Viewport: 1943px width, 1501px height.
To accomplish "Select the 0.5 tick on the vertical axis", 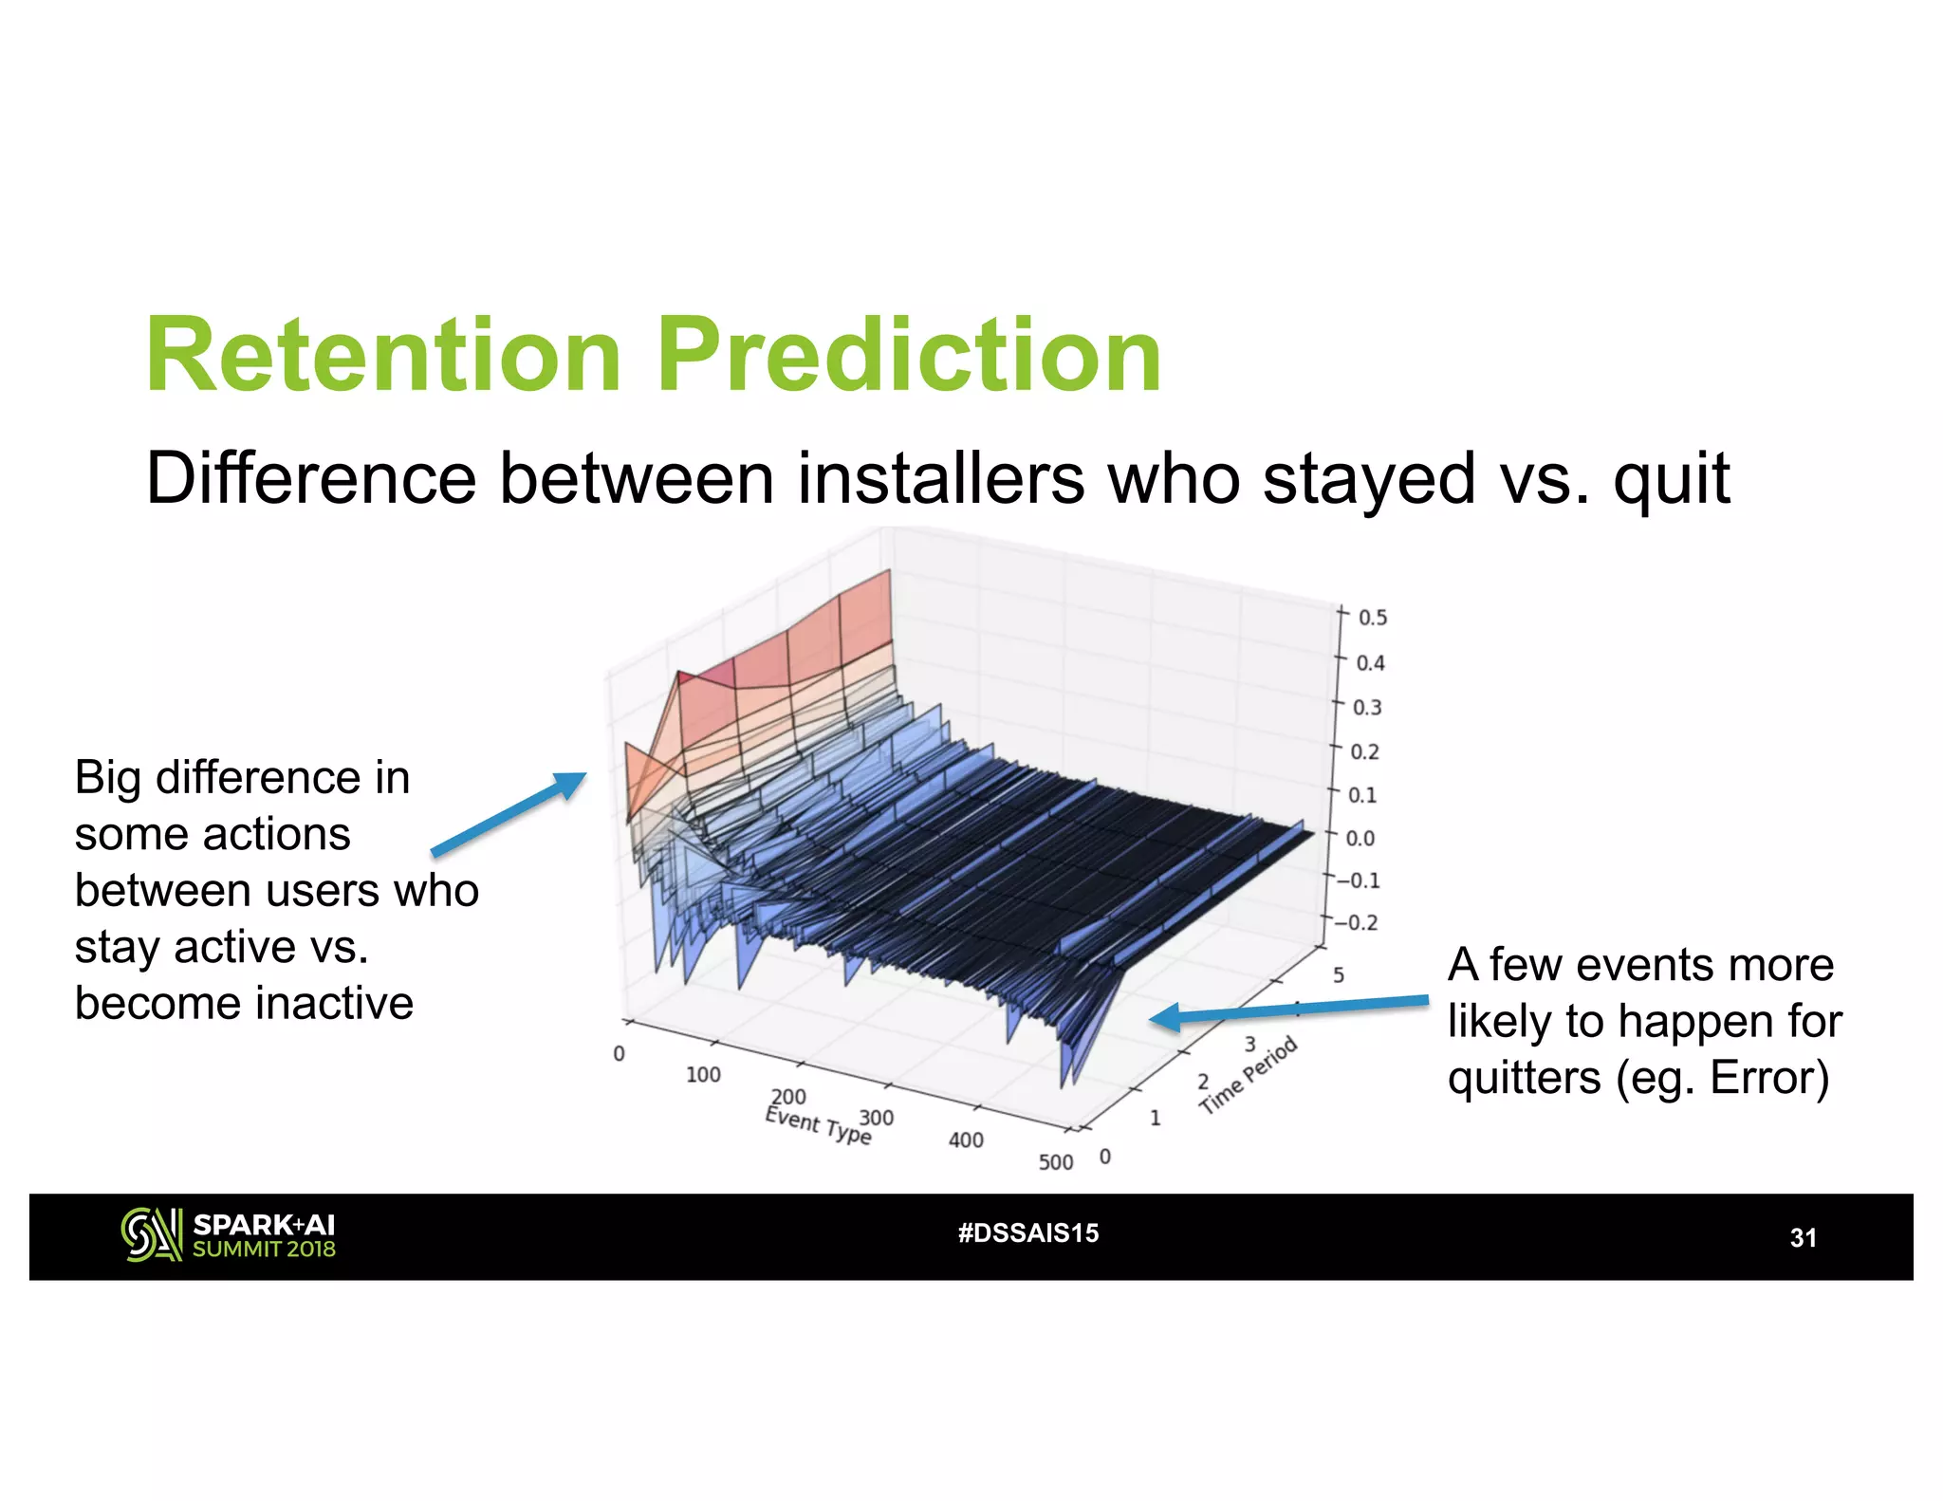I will pos(1372,618).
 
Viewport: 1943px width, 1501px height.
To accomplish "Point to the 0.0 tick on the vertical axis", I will pos(1360,839).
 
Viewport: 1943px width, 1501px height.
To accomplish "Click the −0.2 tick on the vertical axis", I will pos(1356,923).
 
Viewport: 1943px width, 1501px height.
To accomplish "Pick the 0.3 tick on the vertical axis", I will pos(1366,708).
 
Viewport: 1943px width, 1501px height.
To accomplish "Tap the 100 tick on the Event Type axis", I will pos(703,1075).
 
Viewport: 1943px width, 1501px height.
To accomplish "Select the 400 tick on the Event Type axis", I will pos(966,1140).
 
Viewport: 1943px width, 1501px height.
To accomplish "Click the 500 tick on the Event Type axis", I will pos(1055,1162).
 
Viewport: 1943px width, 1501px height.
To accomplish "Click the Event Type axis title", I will pos(818,1125).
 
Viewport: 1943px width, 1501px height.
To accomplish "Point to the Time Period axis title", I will pos(1248,1076).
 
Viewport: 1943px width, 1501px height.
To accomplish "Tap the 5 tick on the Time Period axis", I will pos(1339,975).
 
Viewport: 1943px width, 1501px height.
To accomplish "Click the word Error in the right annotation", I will pos(1765,1078).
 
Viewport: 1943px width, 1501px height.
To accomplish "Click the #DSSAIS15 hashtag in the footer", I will pos(1028,1233).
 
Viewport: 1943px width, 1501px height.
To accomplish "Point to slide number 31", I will pos(1803,1237).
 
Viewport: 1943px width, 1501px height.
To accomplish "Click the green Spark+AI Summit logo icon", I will pos(151,1234).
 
